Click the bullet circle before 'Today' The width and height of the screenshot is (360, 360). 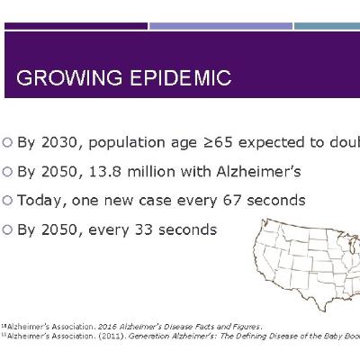coord(8,200)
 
